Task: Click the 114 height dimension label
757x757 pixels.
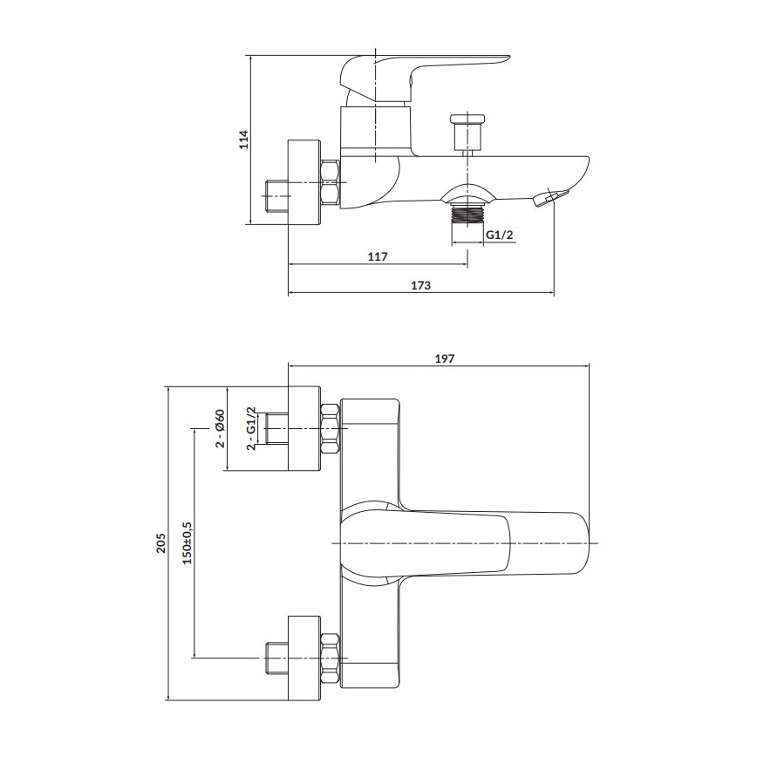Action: click(x=245, y=140)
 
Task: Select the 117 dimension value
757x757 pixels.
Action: click(x=377, y=256)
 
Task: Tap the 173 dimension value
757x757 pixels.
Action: click(x=420, y=285)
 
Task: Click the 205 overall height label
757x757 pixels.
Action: click(x=160, y=542)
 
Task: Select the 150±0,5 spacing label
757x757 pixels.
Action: click(x=187, y=542)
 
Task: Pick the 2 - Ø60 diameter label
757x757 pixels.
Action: click(x=221, y=428)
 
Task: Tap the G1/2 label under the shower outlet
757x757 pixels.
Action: click(x=499, y=233)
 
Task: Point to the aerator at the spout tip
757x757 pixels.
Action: click(x=547, y=200)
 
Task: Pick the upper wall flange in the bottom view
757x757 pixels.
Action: click(x=303, y=428)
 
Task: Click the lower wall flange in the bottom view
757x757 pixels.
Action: click(x=303, y=658)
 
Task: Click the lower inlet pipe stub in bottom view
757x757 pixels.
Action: click(x=276, y=658)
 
